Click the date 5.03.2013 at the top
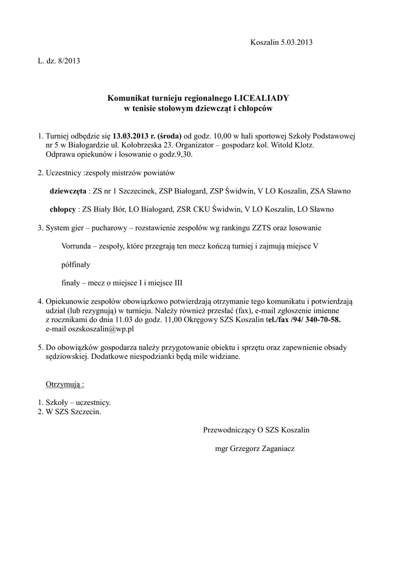coord(297,42)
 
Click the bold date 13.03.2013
coord(131,136)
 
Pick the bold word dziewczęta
coord(68,191)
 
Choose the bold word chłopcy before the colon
coord(63,209)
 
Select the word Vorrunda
coord(77,247)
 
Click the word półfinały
coord(76,265)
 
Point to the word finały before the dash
coord(72,283)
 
